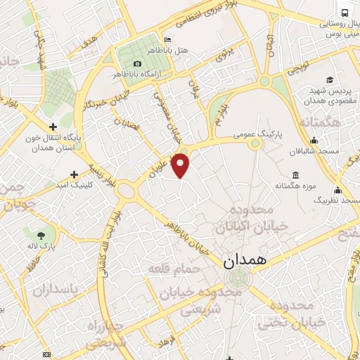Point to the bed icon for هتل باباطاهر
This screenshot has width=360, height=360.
click(167, 39)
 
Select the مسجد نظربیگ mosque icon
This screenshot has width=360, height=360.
click(338, 190)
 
